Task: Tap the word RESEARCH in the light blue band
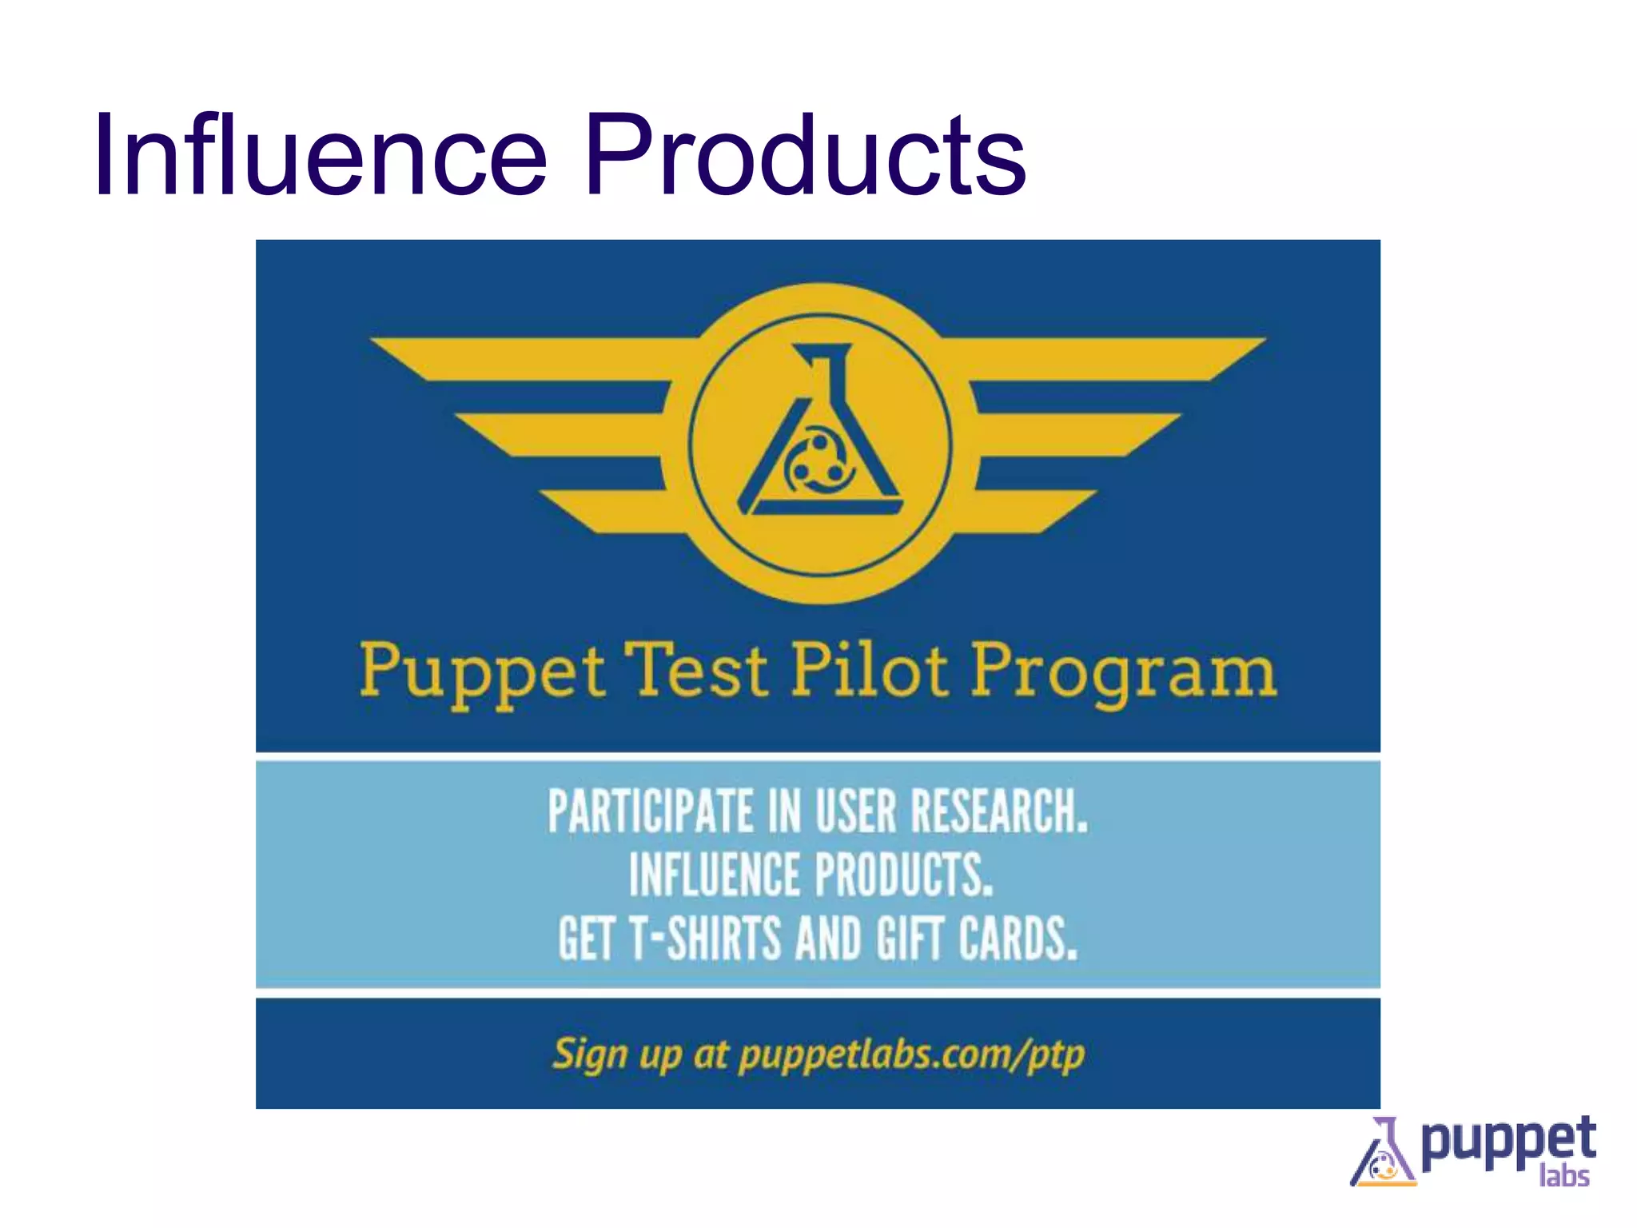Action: (999, 811)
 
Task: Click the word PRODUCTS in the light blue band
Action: (903, 875)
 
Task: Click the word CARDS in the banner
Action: (1018, 939)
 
